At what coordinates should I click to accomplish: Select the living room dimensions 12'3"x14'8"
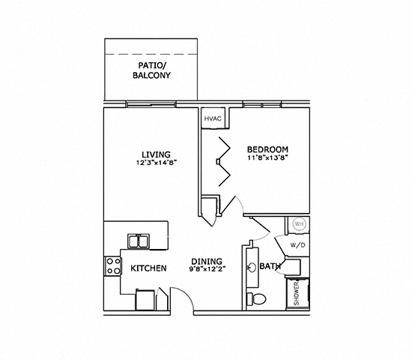click(157, 162)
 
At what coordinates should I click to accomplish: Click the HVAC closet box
click(213, 118)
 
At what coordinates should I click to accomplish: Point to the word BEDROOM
click(267, 149)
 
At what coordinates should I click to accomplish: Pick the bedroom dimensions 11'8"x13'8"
click(267, 158)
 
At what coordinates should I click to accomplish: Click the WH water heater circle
click(298, 224)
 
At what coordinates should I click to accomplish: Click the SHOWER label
click(297, 294)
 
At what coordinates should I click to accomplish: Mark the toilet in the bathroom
click(260, 298)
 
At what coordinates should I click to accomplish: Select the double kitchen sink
click(138, 241)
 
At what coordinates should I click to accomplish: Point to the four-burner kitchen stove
click(113, 265)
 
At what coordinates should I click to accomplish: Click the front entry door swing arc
click(184, 298)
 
